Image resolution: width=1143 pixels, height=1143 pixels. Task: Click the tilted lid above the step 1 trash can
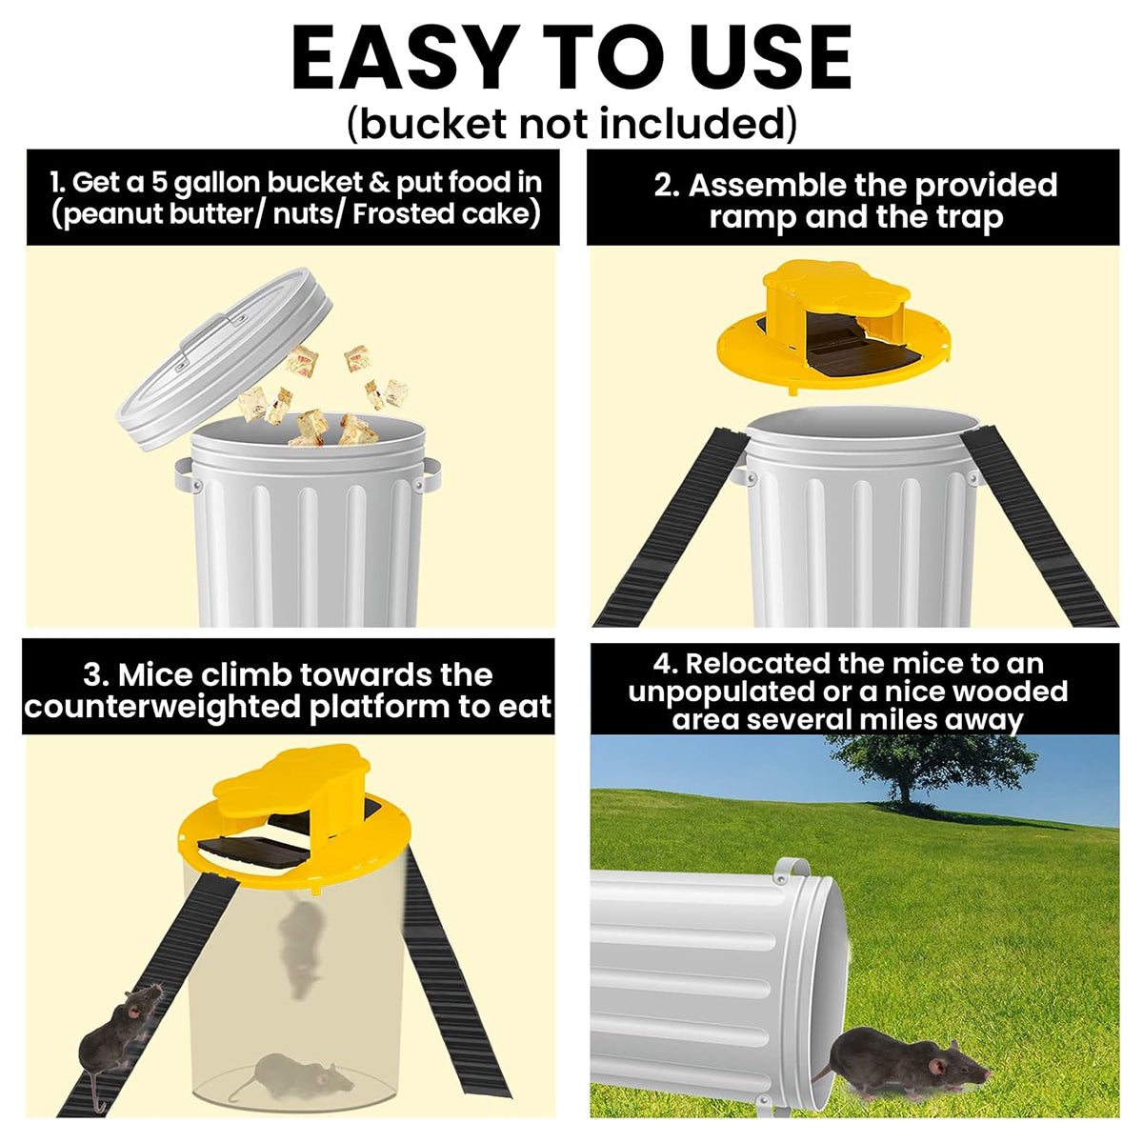click(x=223, y=358)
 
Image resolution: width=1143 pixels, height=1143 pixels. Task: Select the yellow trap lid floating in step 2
click(x=833, y=330)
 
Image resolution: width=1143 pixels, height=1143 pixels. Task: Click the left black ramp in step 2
click(x=670, y=529)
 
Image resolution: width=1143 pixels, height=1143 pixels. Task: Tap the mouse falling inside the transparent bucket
click(x=301, y=947)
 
